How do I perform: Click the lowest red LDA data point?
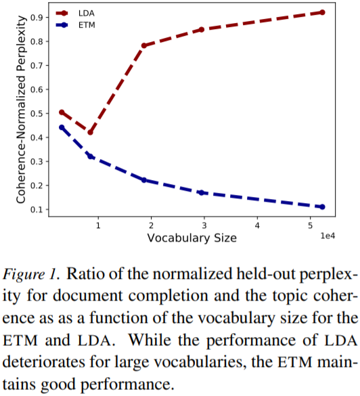click(x=90, y=132)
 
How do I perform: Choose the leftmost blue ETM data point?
click(x=62, y=127)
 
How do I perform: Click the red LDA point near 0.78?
click(x=144, y=45)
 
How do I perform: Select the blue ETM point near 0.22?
click(x=144, y=180)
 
